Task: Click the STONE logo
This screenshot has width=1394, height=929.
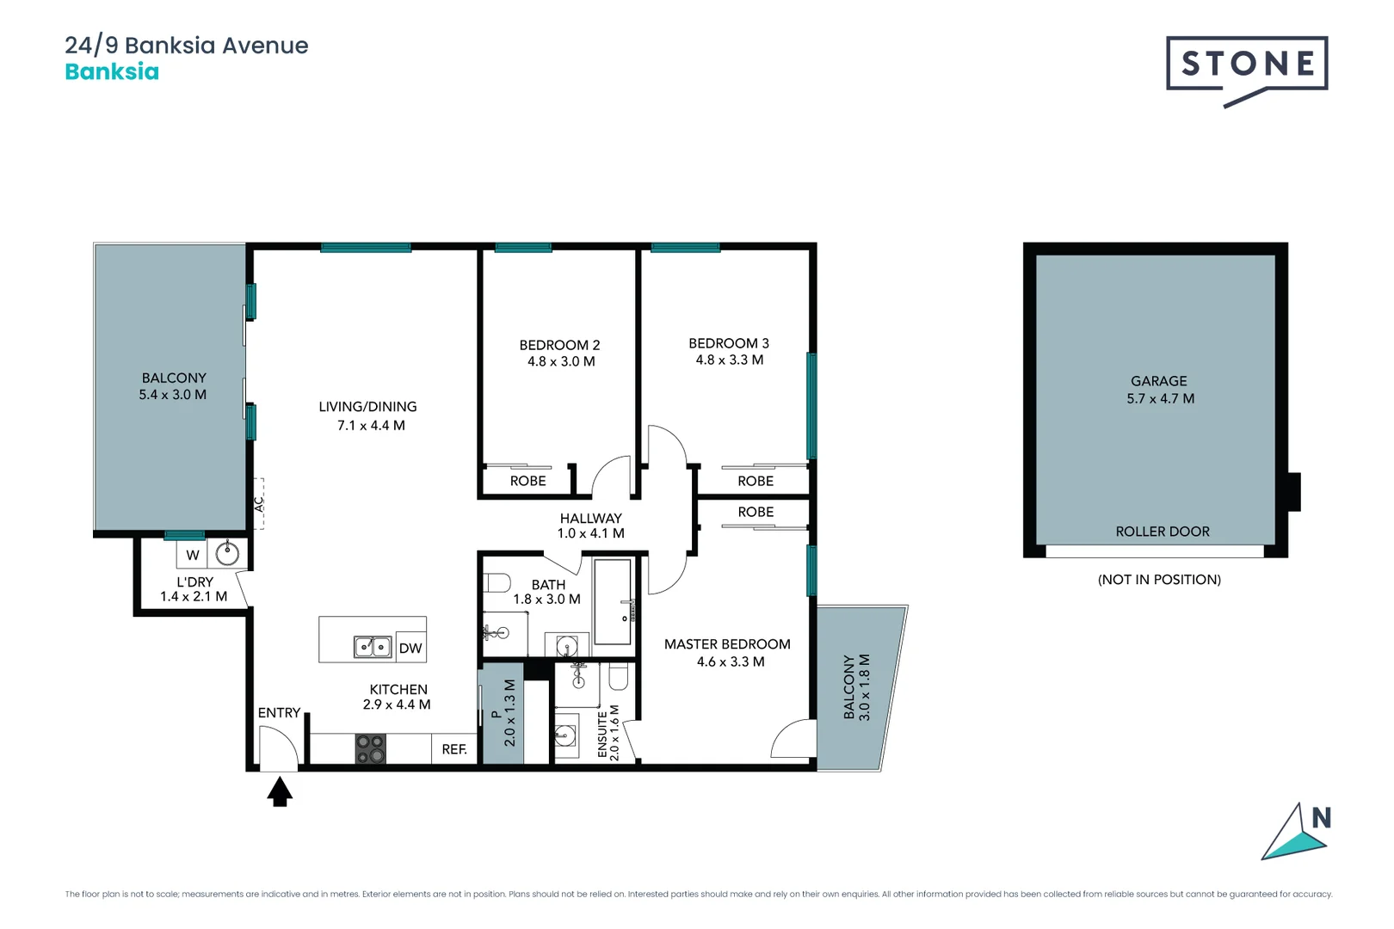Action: (x=1246, y=65)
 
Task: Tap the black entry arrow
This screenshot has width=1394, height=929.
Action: (x=279, y=791)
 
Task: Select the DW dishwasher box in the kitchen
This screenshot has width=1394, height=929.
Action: (x=410, y=648)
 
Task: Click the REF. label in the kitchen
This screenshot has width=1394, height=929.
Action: (x=454, y=749)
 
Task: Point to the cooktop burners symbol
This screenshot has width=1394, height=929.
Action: (x=371, y=748)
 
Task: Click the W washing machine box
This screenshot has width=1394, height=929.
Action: (x=193, y=555)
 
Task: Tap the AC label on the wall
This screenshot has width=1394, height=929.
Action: (x=258, y=504)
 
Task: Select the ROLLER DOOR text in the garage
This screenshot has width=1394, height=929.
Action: (x=1162, y=532)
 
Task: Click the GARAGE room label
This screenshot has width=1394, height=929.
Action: (x=1158, y=381)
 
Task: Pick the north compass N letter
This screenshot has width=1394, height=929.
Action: (x=1321, y=818)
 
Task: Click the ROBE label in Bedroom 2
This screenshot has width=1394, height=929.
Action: (x=527, y=481)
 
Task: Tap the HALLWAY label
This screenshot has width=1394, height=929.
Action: (x=590, y=518)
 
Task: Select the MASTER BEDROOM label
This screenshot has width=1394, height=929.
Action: (x=727, y=644)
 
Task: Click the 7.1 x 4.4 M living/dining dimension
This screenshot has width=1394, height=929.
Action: (x=371, y=425)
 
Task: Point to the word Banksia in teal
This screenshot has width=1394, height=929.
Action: (x=112, y=71)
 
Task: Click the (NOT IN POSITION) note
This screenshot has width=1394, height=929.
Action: (x=1159, y=579)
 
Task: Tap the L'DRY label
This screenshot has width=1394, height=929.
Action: (x=194, y=581)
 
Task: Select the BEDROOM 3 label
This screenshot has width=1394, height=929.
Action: (x=729, y=343)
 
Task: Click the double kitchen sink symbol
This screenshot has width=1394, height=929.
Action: (x=373, y=647)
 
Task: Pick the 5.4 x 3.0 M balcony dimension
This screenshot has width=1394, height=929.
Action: (x=173, y=395)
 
